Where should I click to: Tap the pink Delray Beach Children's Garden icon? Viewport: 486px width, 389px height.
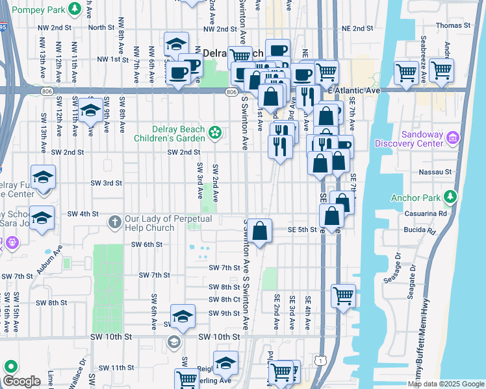click(214, 134)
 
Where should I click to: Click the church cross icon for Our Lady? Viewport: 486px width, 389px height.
click(115, 222)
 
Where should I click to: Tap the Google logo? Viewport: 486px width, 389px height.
click(22, 381)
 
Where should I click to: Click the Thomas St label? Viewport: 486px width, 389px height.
click(453, 25)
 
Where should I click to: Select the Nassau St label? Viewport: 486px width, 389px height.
click(439, 172)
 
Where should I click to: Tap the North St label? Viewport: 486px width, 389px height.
click(101, 27)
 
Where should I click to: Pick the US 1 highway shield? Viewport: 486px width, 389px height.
click(318, 358)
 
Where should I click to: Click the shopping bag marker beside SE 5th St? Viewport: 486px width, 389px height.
click(259, 231)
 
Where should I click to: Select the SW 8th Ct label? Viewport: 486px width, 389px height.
click(225, 300)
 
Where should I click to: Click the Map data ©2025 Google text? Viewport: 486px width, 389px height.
click(446, 384)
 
